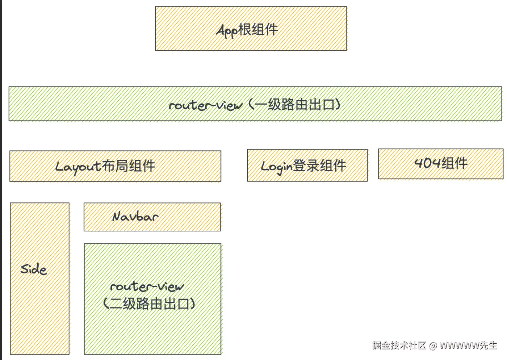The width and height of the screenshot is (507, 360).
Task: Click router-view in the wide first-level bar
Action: (x=205, y=105)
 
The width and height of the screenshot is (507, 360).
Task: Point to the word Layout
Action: (x=78, y=167)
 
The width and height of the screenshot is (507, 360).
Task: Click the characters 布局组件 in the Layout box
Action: (x=129, y=166)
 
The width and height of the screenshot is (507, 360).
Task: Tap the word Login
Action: (x=276, y=166)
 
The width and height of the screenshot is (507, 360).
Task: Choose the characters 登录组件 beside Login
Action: (x=319, y=166)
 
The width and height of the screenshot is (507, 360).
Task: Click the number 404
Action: (x=427, y=163)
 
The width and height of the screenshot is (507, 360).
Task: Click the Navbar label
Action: (x=135, y=217)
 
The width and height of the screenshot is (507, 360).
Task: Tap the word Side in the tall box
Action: (x=34, y=269)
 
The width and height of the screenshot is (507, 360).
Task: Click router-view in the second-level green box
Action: (x=147, y=287)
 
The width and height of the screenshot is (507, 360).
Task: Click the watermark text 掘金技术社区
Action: (x=399, y=345)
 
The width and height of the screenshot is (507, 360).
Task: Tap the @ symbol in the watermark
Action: (x=433, y=346)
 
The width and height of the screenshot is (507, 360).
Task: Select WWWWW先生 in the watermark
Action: (x=468, y=345)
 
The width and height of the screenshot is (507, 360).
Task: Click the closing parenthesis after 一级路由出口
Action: (x=338, y=105)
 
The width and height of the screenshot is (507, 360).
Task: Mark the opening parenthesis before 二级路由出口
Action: (x=106, y=304)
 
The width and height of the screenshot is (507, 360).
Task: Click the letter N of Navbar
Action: (x=117, y=217)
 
